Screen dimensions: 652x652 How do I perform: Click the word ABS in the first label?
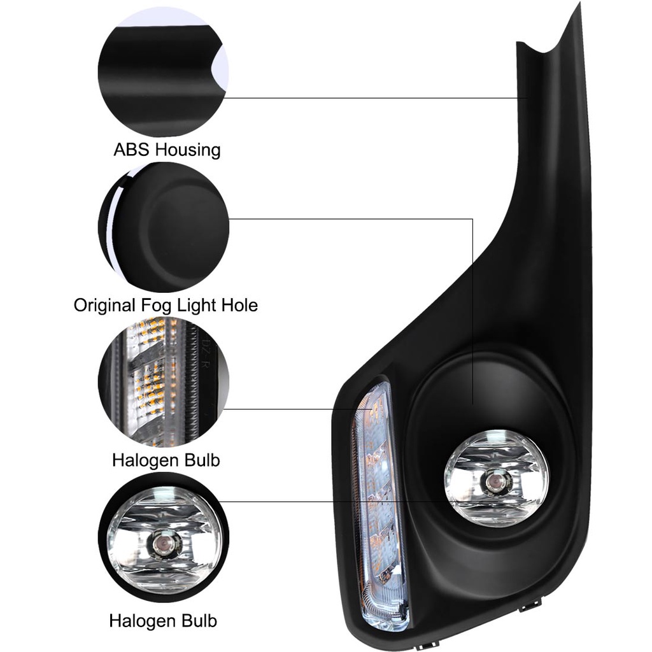[131, 150]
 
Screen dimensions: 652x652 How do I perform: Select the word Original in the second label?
[105, 306]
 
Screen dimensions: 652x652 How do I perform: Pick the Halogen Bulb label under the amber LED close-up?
[166, 460]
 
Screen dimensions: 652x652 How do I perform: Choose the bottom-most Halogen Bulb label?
[163, 621]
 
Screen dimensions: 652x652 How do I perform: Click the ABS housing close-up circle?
[164, 73]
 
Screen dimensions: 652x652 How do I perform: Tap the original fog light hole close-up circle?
[164, 227]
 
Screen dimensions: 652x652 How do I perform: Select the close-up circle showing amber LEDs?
[164, 382]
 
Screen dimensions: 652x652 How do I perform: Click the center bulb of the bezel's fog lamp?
[495, 481]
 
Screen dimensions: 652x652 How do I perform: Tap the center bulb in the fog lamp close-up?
[160, 544]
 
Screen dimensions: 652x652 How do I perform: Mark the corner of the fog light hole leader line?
[472, 219]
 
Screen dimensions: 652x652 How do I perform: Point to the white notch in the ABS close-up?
[220, 69]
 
